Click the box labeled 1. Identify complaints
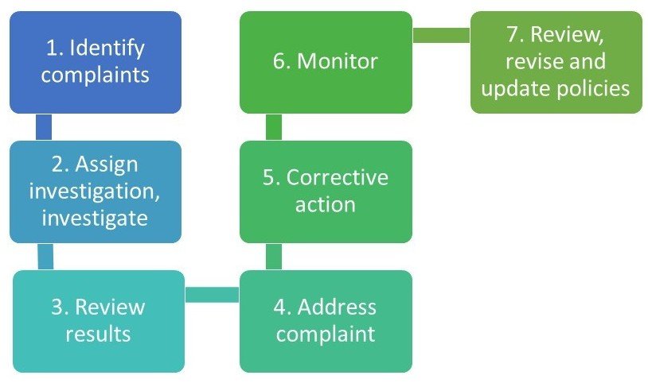96,62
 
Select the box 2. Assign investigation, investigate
96,191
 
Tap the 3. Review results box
99,321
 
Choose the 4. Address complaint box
326,321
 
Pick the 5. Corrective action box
326,191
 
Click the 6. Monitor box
326,62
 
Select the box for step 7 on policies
556,62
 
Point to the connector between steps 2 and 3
46,256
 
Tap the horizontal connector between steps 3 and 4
212,295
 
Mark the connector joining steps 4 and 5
273,256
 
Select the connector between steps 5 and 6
273,127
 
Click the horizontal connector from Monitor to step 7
441,35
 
